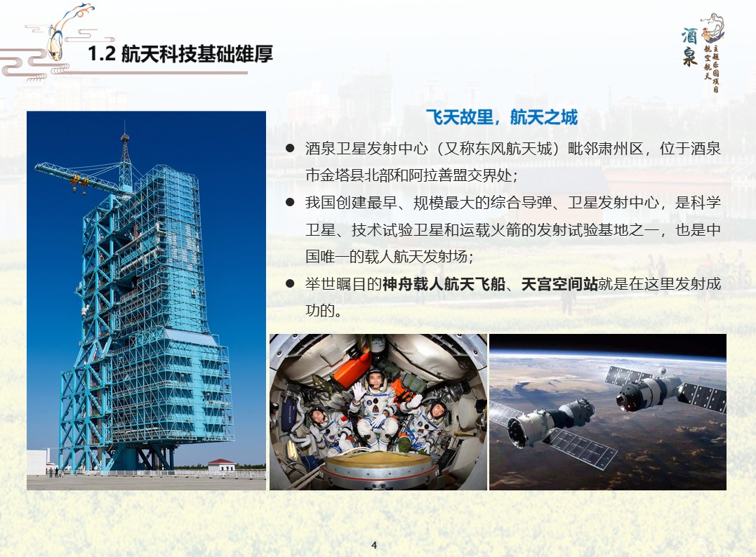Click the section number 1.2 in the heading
102,53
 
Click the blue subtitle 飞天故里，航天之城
501,117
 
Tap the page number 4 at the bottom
374,545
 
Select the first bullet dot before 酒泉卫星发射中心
290,149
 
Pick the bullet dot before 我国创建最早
290,202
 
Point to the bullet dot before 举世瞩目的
290,284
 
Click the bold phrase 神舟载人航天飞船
444,284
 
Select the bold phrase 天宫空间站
559,284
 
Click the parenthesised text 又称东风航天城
497,149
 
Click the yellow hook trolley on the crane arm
79,181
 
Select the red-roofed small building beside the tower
220,465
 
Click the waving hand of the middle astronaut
358,391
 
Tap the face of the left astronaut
319,417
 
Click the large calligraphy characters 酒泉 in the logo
690,46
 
